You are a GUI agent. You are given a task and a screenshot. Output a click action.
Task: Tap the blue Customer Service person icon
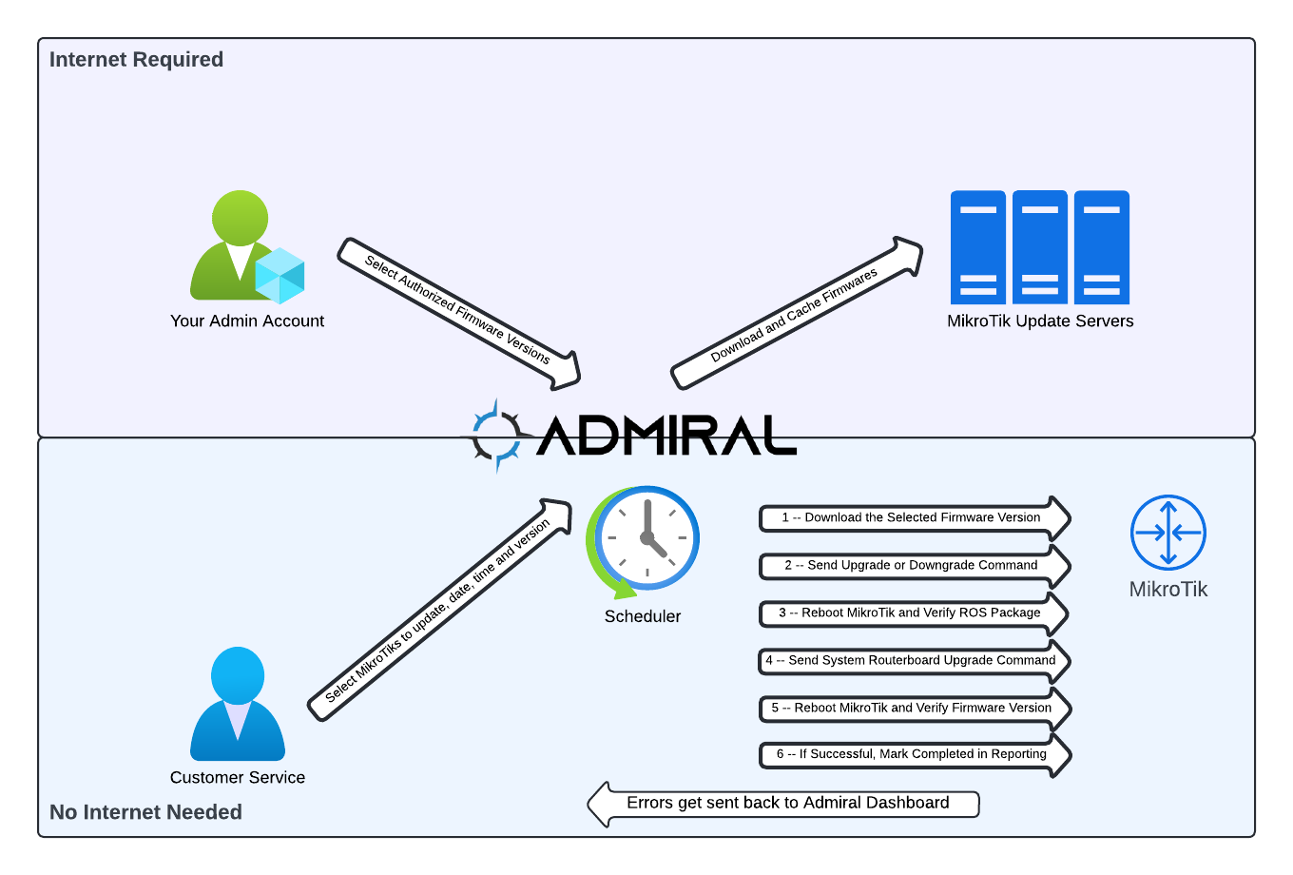click(238, 704)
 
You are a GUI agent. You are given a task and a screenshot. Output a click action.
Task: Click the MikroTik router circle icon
click(1168, 533)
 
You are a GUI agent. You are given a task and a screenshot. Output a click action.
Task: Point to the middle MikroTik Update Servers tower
click(1040, 247)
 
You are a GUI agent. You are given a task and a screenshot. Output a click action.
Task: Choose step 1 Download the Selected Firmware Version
click(913, 517)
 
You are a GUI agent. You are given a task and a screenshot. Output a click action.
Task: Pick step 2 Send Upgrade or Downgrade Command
click(913, 565)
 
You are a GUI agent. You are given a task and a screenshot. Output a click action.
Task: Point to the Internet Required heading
click(136, 59)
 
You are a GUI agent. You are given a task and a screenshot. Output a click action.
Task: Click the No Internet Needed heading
click(145, 812)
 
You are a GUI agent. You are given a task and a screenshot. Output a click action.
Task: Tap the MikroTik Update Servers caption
click(1040, 321)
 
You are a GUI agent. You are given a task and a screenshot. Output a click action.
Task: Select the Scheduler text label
click(643, 616)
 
